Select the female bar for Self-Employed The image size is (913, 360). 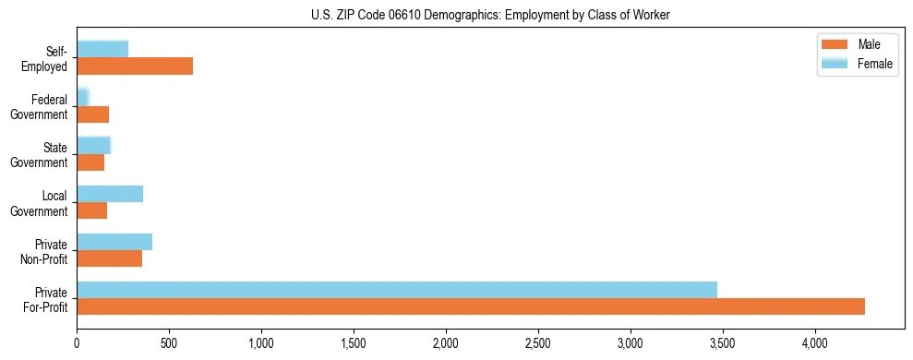(x=102, y=49)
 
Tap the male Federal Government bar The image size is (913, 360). (x=92, y=114)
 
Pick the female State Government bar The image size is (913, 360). (x=93, y=145)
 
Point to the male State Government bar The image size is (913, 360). (x=90, y=162)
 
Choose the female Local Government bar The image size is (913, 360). (x=110, y=193)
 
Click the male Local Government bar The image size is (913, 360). (x=91, y=210)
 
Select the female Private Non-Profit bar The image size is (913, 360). (x=114, y=242)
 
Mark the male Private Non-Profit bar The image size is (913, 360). (x=109, y=258)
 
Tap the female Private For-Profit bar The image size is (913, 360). (x=397, y=290)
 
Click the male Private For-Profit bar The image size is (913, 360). (x=471, y=306)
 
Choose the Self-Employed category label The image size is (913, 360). (x=48, y=58)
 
